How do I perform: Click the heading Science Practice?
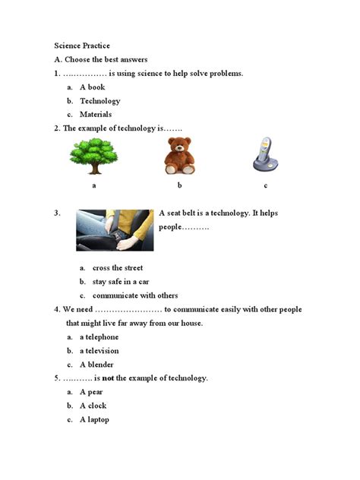point(82,46)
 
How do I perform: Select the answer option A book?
point(92,87)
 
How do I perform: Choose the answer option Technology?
point(99,101)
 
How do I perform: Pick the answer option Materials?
point(96,115)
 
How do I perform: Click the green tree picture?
point(94,156)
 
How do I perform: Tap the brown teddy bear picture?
point(180,156)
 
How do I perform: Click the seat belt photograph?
point(115,230)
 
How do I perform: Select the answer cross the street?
point(118,268)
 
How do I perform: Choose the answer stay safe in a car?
point(121,282)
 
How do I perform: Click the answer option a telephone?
point(99,337)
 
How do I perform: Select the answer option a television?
point(99,351)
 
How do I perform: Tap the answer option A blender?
point(97,365)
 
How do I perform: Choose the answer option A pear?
point(92,392)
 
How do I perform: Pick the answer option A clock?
point(93,406)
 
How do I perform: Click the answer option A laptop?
point(94,419)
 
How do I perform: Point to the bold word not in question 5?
point(108,377)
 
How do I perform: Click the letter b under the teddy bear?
point(180,185)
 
